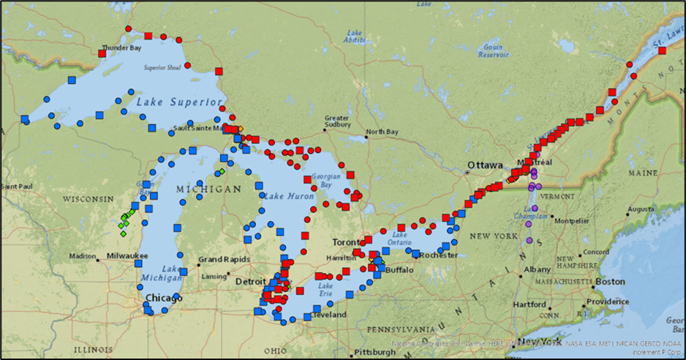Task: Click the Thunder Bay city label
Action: [x=121, y=48]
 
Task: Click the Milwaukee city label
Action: [x=126, y=256]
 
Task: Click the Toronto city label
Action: [x=347, y=241]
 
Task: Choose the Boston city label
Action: [x=610, y=282]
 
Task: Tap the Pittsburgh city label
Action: [x=374, y=352]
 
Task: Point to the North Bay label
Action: [x=381, y=132]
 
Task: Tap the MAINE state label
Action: [x=642, y=173]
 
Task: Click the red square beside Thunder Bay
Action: [x=102, y=53]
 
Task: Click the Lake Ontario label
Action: [x=401, y=238]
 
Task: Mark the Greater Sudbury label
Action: [x=337, y=121]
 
